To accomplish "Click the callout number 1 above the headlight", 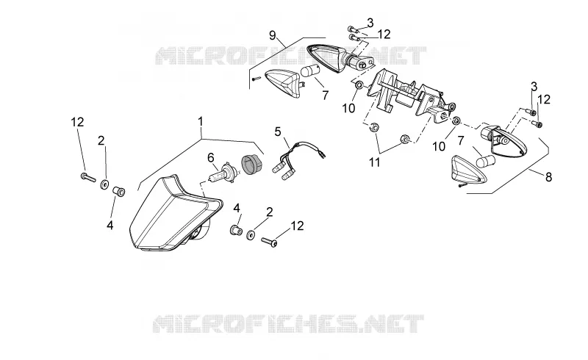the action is (x=201, y=121).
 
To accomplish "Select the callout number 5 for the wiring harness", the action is (x=278, y=132).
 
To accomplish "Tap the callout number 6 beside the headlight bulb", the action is (x=210, y=157).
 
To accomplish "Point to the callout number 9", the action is (x=273, y=35).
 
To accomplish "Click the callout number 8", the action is (x=548, y=177).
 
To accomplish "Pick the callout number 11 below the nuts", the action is (x=375, y=162).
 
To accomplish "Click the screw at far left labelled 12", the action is (x=88, y=177).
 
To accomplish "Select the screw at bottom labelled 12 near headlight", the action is (x=269, y=242).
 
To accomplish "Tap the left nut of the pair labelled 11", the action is (x=373, y=126).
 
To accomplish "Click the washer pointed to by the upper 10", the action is (x=359, y=85).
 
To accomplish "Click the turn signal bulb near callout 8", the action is (x=486, y=161).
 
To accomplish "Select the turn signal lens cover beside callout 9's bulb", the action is (x=283, y=83).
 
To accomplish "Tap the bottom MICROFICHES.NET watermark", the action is (x=288, y=324).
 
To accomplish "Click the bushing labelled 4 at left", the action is (x=119, y=190).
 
